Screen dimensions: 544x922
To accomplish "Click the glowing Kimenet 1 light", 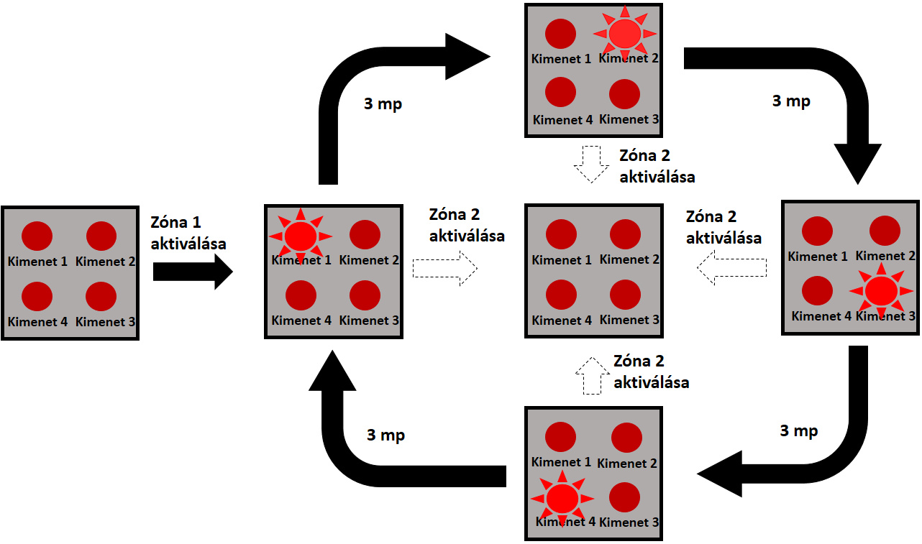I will pyautogui.click(x=300, y=235).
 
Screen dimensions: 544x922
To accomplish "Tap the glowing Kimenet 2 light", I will pyautogui.click(x=624, y=33).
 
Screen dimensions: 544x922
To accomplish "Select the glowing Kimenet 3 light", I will pyautogui.click(x=880, y=290).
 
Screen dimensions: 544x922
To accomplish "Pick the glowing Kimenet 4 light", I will pyautogui.click(x=562, y=499).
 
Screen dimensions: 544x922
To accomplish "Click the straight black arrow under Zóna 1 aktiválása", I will pyautogui.click(x=192, y=272).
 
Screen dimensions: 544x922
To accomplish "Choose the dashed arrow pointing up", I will pyautogui.click(x=591, y=375).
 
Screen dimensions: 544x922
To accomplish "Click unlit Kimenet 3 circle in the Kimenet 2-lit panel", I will pyautogui.click(x=624, y=94).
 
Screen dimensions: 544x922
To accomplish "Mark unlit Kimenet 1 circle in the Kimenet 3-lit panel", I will pyautogui.click(x=817, y=231).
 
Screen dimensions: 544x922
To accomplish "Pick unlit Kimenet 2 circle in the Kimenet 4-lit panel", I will pyautogui.click(x=626, y=438).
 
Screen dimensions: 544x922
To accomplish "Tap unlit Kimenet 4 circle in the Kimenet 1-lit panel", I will pyautogui.click(x=301, y=295).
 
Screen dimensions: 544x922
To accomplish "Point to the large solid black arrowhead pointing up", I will pyautogui.click(x=332, y=372).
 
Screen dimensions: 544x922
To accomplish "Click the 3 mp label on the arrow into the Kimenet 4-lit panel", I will pyautogui.click(x=799, y=431).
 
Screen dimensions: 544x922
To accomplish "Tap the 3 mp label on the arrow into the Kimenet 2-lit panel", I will pyautogui.click(x=383, y=104).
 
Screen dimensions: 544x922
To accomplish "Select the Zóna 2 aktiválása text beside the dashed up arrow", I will pyautogui.click(x=651, y=372).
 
